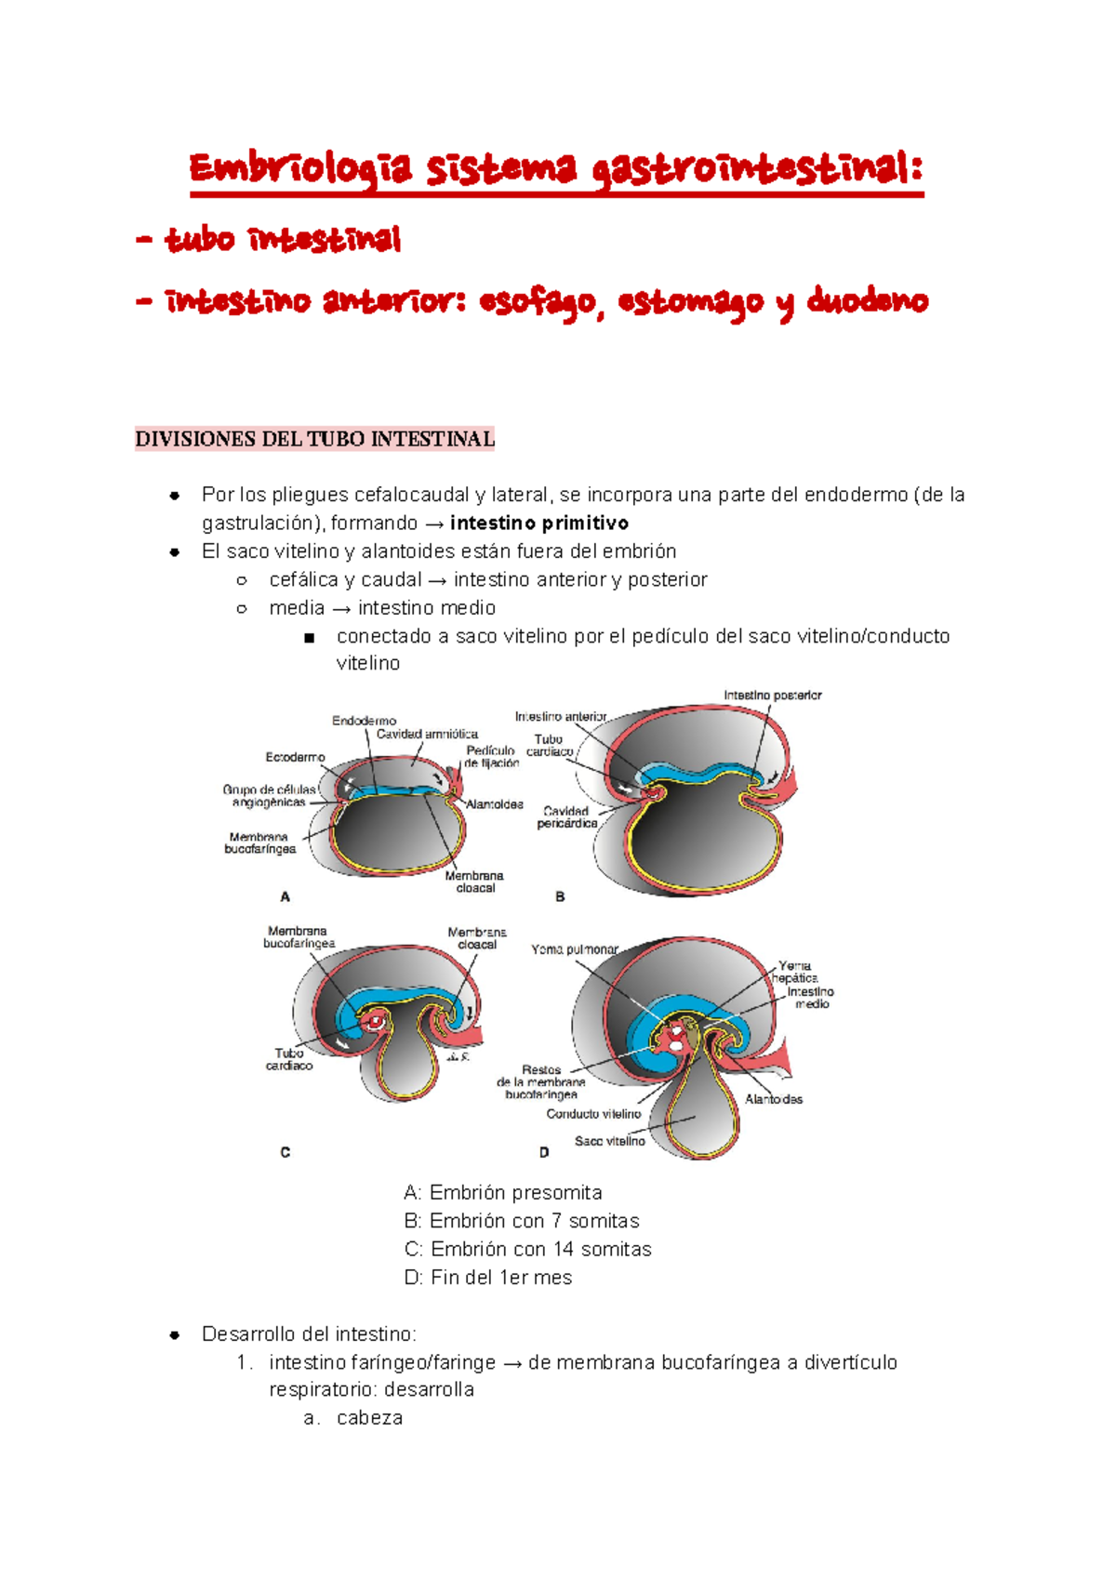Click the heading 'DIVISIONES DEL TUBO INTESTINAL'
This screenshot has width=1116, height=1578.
[x=314, y=439]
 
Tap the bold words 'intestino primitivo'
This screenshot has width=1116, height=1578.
[x=539, y=524]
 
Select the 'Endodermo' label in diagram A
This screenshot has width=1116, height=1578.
[x=364, y=721]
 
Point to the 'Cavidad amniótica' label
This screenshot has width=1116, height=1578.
[x=427, y=735]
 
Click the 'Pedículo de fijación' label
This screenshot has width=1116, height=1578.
[x=491, y=757]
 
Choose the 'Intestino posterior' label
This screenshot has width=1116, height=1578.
[x=773, y=696]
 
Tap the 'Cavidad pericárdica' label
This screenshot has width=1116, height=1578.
[x=566, y=817]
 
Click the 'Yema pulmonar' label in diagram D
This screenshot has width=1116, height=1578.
[x=575, y=949]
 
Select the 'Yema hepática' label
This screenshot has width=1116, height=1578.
[x=794, y=972]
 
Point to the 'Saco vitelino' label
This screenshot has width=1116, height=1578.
[x=609, y=1141]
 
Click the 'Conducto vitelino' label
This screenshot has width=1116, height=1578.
[x=593, y=1114]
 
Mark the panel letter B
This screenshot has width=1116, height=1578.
[x=560, y=897]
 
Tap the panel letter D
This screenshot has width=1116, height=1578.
[x=544, y=1152]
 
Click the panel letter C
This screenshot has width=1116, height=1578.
[x=286, y=1152]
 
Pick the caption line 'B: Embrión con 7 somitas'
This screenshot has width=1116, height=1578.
[x=522, y=1221]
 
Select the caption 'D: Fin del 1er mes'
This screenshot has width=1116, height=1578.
[x=488, y=1278]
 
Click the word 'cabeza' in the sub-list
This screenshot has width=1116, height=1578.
[x=369, y=1418]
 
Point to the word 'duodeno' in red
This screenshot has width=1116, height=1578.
[x=867, y=302]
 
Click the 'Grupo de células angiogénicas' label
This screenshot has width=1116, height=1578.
[x=269, y=796]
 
